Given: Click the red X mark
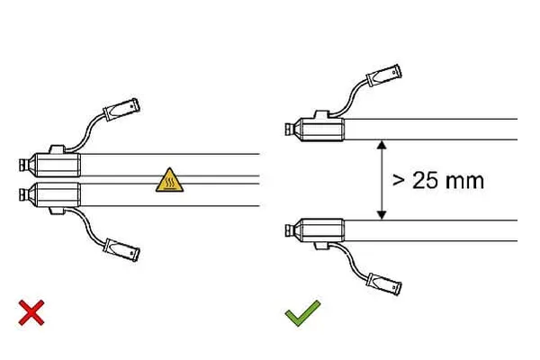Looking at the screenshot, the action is pos(31,313).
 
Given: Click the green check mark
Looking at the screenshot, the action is pos(302,313).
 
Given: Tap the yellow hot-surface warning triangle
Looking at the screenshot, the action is pos(169,180).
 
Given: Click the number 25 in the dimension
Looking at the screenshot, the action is pos(426,181).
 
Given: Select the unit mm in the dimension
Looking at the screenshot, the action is pos(464,182).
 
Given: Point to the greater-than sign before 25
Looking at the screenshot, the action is pos(399,181).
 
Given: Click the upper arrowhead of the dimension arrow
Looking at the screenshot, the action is pos(382,145).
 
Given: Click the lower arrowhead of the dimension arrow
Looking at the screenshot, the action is pos(382,215).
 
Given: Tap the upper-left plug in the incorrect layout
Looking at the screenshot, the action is pos(121,110).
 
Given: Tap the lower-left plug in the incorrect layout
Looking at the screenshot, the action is pos(121,250).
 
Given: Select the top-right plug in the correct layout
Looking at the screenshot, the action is pos(383,75).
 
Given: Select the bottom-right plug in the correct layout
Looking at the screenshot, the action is pos(383,284).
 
